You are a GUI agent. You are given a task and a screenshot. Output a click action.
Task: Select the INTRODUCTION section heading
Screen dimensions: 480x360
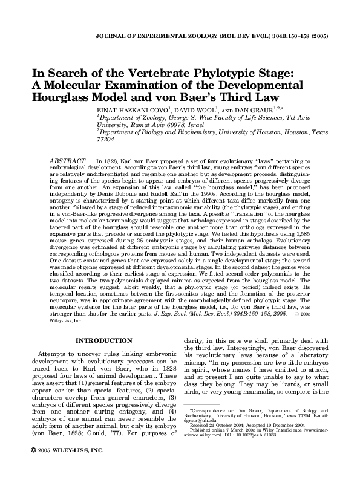pos(100,340)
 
